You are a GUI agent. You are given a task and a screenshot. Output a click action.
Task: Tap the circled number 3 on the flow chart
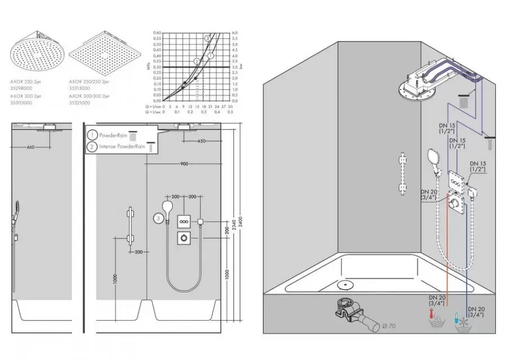pos(207,38)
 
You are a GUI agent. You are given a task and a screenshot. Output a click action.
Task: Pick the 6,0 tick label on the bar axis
pos(235,33)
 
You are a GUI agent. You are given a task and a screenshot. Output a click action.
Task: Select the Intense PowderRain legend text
pos(122,147)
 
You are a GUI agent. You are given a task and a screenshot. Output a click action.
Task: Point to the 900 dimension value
pos(184,164)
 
